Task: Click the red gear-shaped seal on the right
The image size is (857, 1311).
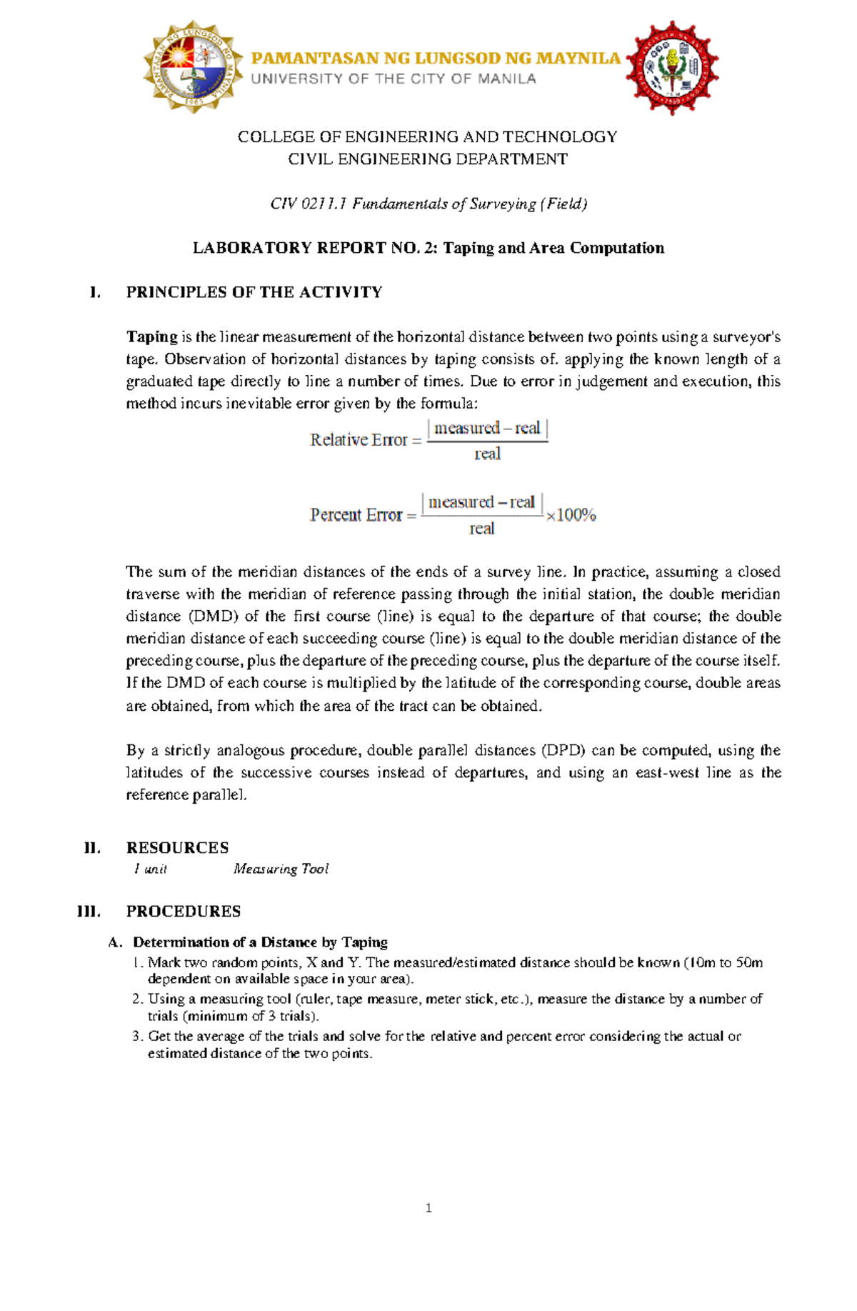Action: pos(672,69)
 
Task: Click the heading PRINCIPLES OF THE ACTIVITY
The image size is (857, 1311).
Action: pos(254,292)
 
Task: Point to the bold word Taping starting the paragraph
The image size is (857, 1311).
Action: pos(151,337)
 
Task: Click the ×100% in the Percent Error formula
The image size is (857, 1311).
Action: pos(571,515)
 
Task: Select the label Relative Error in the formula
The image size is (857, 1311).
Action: pos(359,440)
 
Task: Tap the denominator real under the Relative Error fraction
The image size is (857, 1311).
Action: pos(487,454)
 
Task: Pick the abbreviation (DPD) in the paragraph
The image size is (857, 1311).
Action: pos(563,750)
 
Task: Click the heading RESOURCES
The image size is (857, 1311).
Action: pos(177,848)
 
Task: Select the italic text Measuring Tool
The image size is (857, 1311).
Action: pos(281,869)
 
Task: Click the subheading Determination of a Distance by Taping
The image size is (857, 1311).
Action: pos(260,942)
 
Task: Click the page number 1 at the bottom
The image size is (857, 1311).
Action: pos(428,1208)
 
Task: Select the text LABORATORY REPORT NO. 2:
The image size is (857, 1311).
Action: pos(316,248)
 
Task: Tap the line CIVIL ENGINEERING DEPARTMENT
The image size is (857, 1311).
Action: pos(428,159)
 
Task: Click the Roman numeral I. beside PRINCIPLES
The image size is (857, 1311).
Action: pos(94,292)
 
